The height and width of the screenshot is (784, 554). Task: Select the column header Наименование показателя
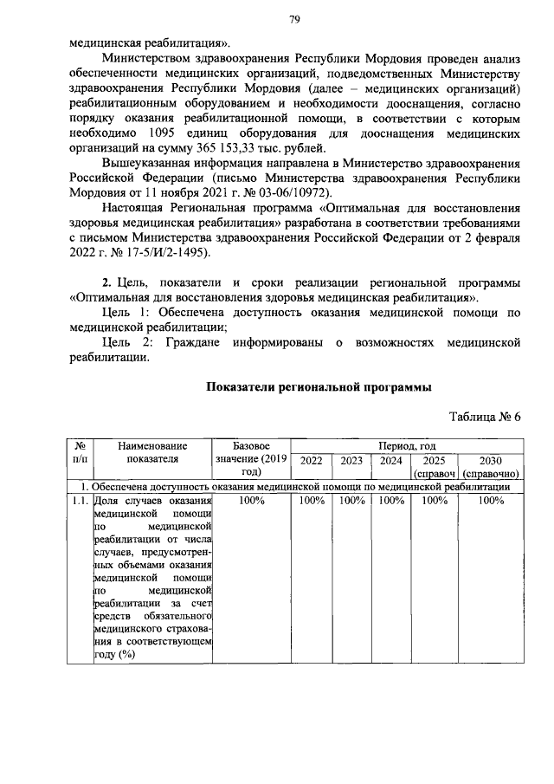coord(151,452)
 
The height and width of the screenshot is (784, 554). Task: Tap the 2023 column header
coord(351,461)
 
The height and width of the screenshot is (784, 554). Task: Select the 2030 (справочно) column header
coord(490,467)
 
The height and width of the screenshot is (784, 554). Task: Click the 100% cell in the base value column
coord(250,501)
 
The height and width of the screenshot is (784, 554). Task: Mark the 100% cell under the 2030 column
coord(490,501)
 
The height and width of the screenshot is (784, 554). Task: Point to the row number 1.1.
coord(77,501)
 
